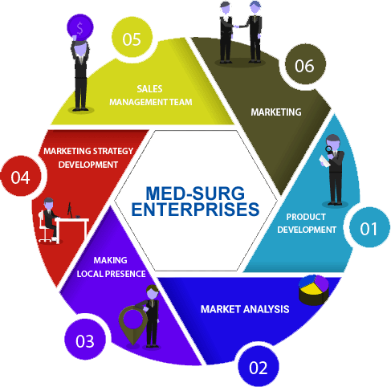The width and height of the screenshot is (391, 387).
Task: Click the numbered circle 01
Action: (369, 228)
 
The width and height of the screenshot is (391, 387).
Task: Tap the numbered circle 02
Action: (259, 366)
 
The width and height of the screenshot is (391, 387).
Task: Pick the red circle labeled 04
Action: (21, 176)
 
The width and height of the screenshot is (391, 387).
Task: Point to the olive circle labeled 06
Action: (305, 64)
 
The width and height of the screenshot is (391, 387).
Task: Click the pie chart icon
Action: (314, 290)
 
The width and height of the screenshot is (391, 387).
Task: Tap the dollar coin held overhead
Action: (80, 28)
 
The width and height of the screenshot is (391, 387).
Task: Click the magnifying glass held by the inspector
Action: (328, 149)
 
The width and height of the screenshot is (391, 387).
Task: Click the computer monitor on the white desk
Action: (70, 210)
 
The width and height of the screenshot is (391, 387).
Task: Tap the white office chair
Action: (44, 226)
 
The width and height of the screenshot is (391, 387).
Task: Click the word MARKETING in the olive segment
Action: (276, 112)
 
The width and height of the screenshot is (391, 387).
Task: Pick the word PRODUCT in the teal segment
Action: (306, 217)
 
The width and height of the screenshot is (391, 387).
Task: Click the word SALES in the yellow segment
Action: (149, 89)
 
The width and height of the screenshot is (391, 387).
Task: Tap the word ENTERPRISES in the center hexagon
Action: (195, 210)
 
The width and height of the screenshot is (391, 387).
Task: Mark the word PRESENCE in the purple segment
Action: (125, 274)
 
